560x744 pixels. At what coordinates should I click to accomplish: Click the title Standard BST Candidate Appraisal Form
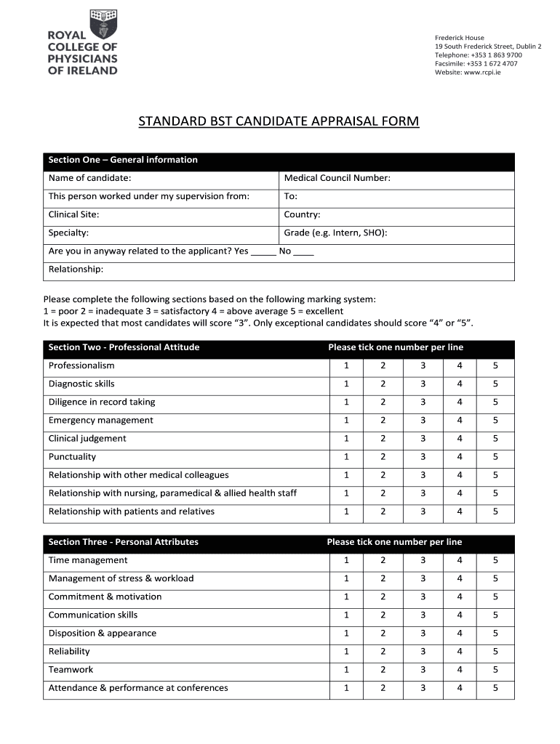(279, 121)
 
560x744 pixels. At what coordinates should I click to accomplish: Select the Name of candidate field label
(89, 178)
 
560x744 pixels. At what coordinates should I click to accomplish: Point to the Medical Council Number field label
(337, 178)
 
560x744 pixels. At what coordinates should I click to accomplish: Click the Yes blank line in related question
(263, 251)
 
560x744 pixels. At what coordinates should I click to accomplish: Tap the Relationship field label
(76, 270)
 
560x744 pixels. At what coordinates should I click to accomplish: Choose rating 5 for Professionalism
(495, 365)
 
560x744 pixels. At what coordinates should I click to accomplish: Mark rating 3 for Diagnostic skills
(423, 384)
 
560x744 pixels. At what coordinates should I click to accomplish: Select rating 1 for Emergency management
(347, 420)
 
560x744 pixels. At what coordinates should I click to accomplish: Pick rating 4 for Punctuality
(460, 457)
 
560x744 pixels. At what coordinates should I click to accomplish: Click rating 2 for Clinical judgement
(383, 439)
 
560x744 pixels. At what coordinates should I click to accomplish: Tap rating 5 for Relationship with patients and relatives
(495, 511)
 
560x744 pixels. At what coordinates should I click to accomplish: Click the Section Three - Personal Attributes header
(123, 542)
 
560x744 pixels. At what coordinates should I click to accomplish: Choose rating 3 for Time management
(423, 560)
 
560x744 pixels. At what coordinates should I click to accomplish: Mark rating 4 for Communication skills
(460, 615)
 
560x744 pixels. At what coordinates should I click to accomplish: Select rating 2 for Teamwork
(383, 670)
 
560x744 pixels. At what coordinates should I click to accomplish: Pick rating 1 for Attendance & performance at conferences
(347, 688)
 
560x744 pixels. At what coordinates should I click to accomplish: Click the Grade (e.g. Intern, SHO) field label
(335, 233)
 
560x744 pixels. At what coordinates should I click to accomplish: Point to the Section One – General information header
(123, 160)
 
